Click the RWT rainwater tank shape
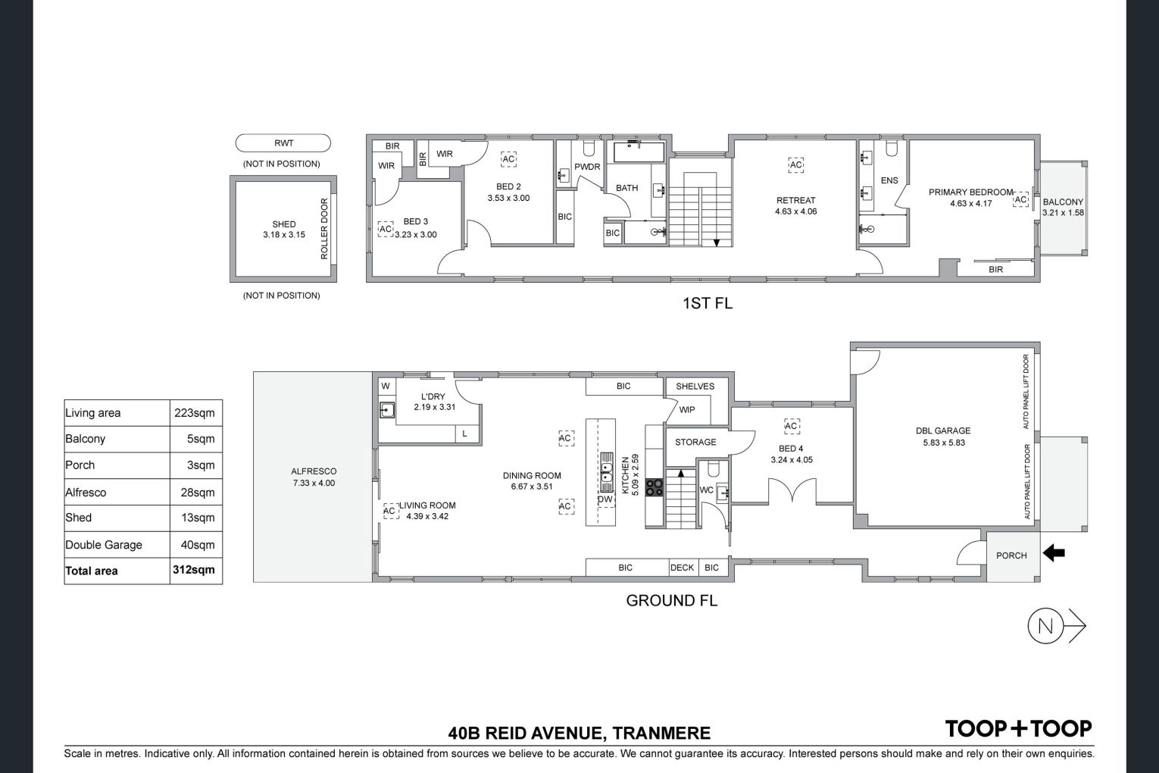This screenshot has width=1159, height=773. (x=283, y=143)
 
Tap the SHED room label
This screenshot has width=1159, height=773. (x=284, y=224)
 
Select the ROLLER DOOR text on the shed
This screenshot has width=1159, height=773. (x=324, y=228)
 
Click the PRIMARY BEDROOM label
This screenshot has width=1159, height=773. (x=970, y=192)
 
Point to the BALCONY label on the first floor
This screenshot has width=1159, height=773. (x=1063, y=202)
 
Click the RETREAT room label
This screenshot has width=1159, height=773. (x=796, y=200)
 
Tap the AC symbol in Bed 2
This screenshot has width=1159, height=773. (x=508, y=159)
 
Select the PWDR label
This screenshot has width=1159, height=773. (x=587, y=167)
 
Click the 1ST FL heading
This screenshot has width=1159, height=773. (x=708, y=303)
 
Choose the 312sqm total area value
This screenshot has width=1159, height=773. (x=193, y=570)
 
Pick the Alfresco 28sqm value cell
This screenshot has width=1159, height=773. (x=197, y=493)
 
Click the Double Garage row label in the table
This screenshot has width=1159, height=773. (x=104, y=545)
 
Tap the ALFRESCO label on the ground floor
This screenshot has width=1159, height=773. (x=314, y=471)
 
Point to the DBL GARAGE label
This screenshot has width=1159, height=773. (x=943, y=430)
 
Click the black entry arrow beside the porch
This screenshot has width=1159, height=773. (x=1054, y=553)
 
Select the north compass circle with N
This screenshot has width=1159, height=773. (x=1045, y=626)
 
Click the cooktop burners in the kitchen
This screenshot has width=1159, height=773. (x=654, y=487)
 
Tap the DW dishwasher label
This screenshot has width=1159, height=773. (x=604, y=499)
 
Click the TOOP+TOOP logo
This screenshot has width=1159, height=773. (x=1018, y=729)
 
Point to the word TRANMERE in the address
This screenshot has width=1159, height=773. (x=661, y=734)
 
